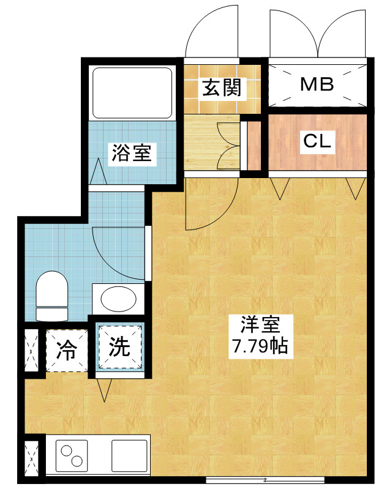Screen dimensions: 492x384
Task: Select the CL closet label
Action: pyautogui.click(x=317, y=141)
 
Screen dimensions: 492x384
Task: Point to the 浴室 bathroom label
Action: pyautogui.click(x=130, y=152)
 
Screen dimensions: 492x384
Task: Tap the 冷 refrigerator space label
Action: pyautogui.click(x=66, y=351)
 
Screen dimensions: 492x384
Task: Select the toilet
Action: pyautogui.click(x=52, y=296)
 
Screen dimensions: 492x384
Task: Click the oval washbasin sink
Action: pyautogui.click(x=118, y=299)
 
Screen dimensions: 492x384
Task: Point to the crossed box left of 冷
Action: pyautogui.click(x=30, y=351)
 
